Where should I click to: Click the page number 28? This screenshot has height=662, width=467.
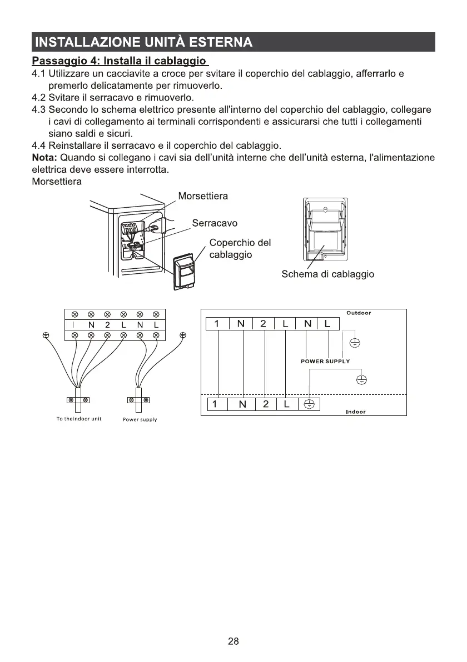point(233,641)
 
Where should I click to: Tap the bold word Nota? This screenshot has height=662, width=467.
point(44,158)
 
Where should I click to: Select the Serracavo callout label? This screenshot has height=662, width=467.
point(215,223)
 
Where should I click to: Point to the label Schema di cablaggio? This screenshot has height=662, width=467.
point(327,274)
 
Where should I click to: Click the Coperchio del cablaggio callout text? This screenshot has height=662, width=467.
point(240,248)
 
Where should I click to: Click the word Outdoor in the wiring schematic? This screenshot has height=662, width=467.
point(359,313)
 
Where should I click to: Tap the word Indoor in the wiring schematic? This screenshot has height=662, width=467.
point(355,412)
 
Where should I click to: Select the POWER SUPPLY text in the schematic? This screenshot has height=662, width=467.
point(325,362)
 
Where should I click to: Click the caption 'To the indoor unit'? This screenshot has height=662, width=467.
point(78,419)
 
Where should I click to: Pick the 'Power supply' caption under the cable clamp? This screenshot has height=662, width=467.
point(140,419)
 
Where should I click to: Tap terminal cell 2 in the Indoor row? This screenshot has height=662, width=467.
point(266,404)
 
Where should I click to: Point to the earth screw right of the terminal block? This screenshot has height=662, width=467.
point(183,335)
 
